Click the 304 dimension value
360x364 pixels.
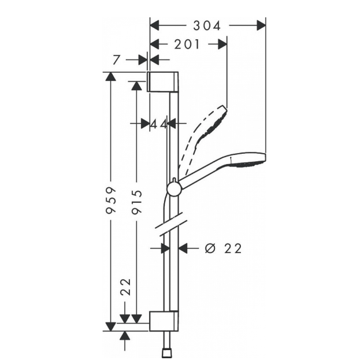(x=207, y=25)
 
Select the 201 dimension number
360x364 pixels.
(x=187, y=44)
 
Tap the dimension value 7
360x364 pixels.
(x=116, y=60)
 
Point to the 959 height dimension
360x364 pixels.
(x=110, y=200)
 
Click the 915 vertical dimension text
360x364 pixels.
(x=136, y=202)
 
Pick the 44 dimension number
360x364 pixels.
(x=159, y=124)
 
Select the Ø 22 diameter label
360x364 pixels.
(x=223, y=248)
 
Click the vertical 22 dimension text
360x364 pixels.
(x=125, y=287)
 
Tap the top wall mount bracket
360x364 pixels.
(x=163, y=81)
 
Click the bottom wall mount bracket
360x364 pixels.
(x=164, y=321)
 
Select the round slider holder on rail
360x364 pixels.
(x=174, y=189)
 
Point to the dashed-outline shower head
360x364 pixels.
(x=204, y=135)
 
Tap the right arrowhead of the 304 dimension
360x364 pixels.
(x=261, y=25)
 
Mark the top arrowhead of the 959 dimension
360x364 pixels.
(x=110, y=77)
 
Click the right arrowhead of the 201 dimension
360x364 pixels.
(x=222, y=44)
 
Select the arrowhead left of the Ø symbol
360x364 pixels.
(x=183, y=248)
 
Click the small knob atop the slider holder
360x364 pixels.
(x=174, y=180)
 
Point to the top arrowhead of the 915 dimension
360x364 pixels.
(x=136, y=86)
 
